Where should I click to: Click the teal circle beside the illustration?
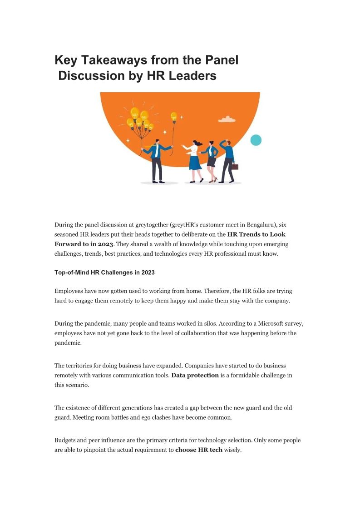[256, 140]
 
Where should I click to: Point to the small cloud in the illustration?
[227, 119]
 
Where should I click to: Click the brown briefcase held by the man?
[234, 167]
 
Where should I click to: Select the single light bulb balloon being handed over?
[173, 117]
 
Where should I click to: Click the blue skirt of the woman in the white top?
[195, 162]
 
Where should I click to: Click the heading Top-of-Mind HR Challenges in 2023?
[104, 272]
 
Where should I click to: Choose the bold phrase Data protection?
[195, 375]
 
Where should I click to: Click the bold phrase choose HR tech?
[198, 450]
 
